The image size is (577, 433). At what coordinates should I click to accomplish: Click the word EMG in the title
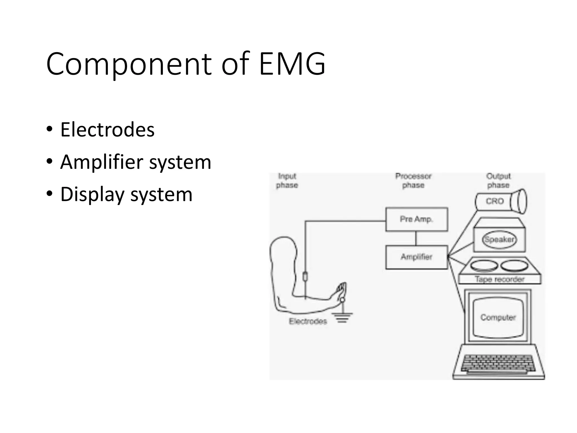[x=292, y=64]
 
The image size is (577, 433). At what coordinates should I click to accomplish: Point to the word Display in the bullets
[x=92, y=195]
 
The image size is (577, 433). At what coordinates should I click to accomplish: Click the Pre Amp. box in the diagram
[x=416, y=219]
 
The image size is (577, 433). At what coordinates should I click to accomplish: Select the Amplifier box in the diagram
[x=416, y=257]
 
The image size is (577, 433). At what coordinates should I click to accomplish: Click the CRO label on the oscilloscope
[x=495, y=201]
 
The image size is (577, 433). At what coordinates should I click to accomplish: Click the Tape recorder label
[x=500, y=279]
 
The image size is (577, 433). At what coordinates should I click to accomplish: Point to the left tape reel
[x=484, y=265]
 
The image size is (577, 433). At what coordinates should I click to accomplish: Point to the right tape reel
[x=514, y=265]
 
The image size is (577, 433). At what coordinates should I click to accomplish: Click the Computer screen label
[x=498, y=317]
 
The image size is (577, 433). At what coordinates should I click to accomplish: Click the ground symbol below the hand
[x=342, y=317]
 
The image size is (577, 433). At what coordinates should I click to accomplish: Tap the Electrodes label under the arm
[x=308, y=321]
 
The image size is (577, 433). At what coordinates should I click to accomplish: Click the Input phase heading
[x=287, y=181]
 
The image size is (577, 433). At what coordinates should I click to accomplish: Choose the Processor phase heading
[x=413, y=181]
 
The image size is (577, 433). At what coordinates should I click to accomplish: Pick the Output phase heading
[x=498, y=181]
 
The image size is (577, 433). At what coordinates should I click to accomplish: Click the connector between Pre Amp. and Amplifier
[x=416, y=238]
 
